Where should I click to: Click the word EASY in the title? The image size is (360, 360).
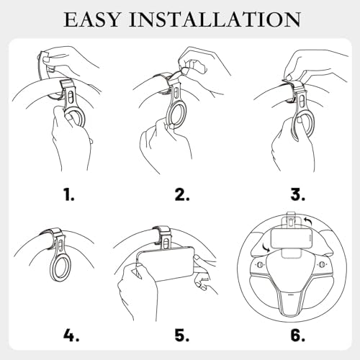pyautogui.click(x=92, y=19)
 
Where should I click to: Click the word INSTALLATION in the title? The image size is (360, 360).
pyautogui.click(x=215, y=19)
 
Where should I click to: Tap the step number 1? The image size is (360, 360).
pyautogui.click(x=69, y=194)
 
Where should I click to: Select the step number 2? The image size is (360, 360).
pyautogui.click(x=182, y=194)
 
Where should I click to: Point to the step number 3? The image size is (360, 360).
pyautogui.click(x=298, y=194)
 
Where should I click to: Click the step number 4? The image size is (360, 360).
pyautogui.click(x=71, y=335)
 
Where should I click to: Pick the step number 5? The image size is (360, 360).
pyautogui.click(x=182, y=335)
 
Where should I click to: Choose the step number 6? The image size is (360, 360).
pyautogui.click(x=298, y=335)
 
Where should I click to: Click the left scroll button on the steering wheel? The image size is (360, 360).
pyautogui.click(x=260, y=264)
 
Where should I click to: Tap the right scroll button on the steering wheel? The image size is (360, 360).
pyautogui.click(x=320, y=264)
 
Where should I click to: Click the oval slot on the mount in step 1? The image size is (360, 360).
pyautogui.click(x=70, y=98)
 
